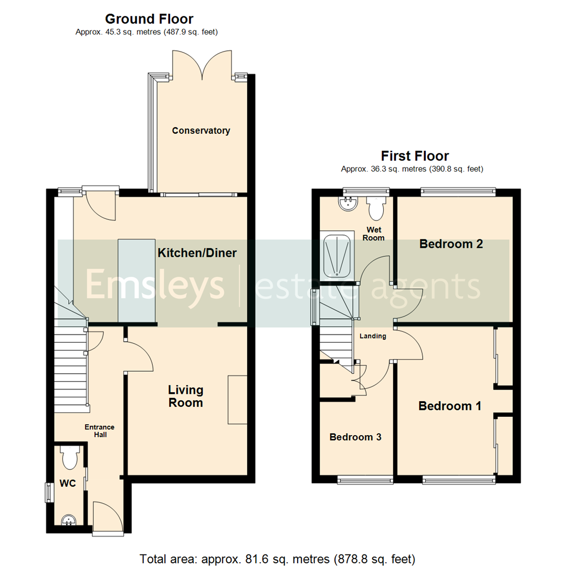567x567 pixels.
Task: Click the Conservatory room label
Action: [x=201, y=131]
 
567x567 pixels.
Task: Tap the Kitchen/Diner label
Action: [x=197, y=253]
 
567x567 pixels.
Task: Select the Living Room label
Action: [x=185, y=396]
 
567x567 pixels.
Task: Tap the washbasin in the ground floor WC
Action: [x=69, y=520]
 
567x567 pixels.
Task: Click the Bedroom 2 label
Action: [x=451, y=244]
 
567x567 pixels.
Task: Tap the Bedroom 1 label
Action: [x=449, y=406]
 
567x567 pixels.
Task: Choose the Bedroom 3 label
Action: [x=355, y=437]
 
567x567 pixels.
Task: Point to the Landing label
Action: [x=373, y=336]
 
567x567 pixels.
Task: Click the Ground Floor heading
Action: [x=149, y=19]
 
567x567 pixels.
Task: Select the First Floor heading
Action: [x=415, y=156]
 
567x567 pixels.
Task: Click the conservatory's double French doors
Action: [x=202, y=64]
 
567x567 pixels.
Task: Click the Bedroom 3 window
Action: [x=365, y=478]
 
